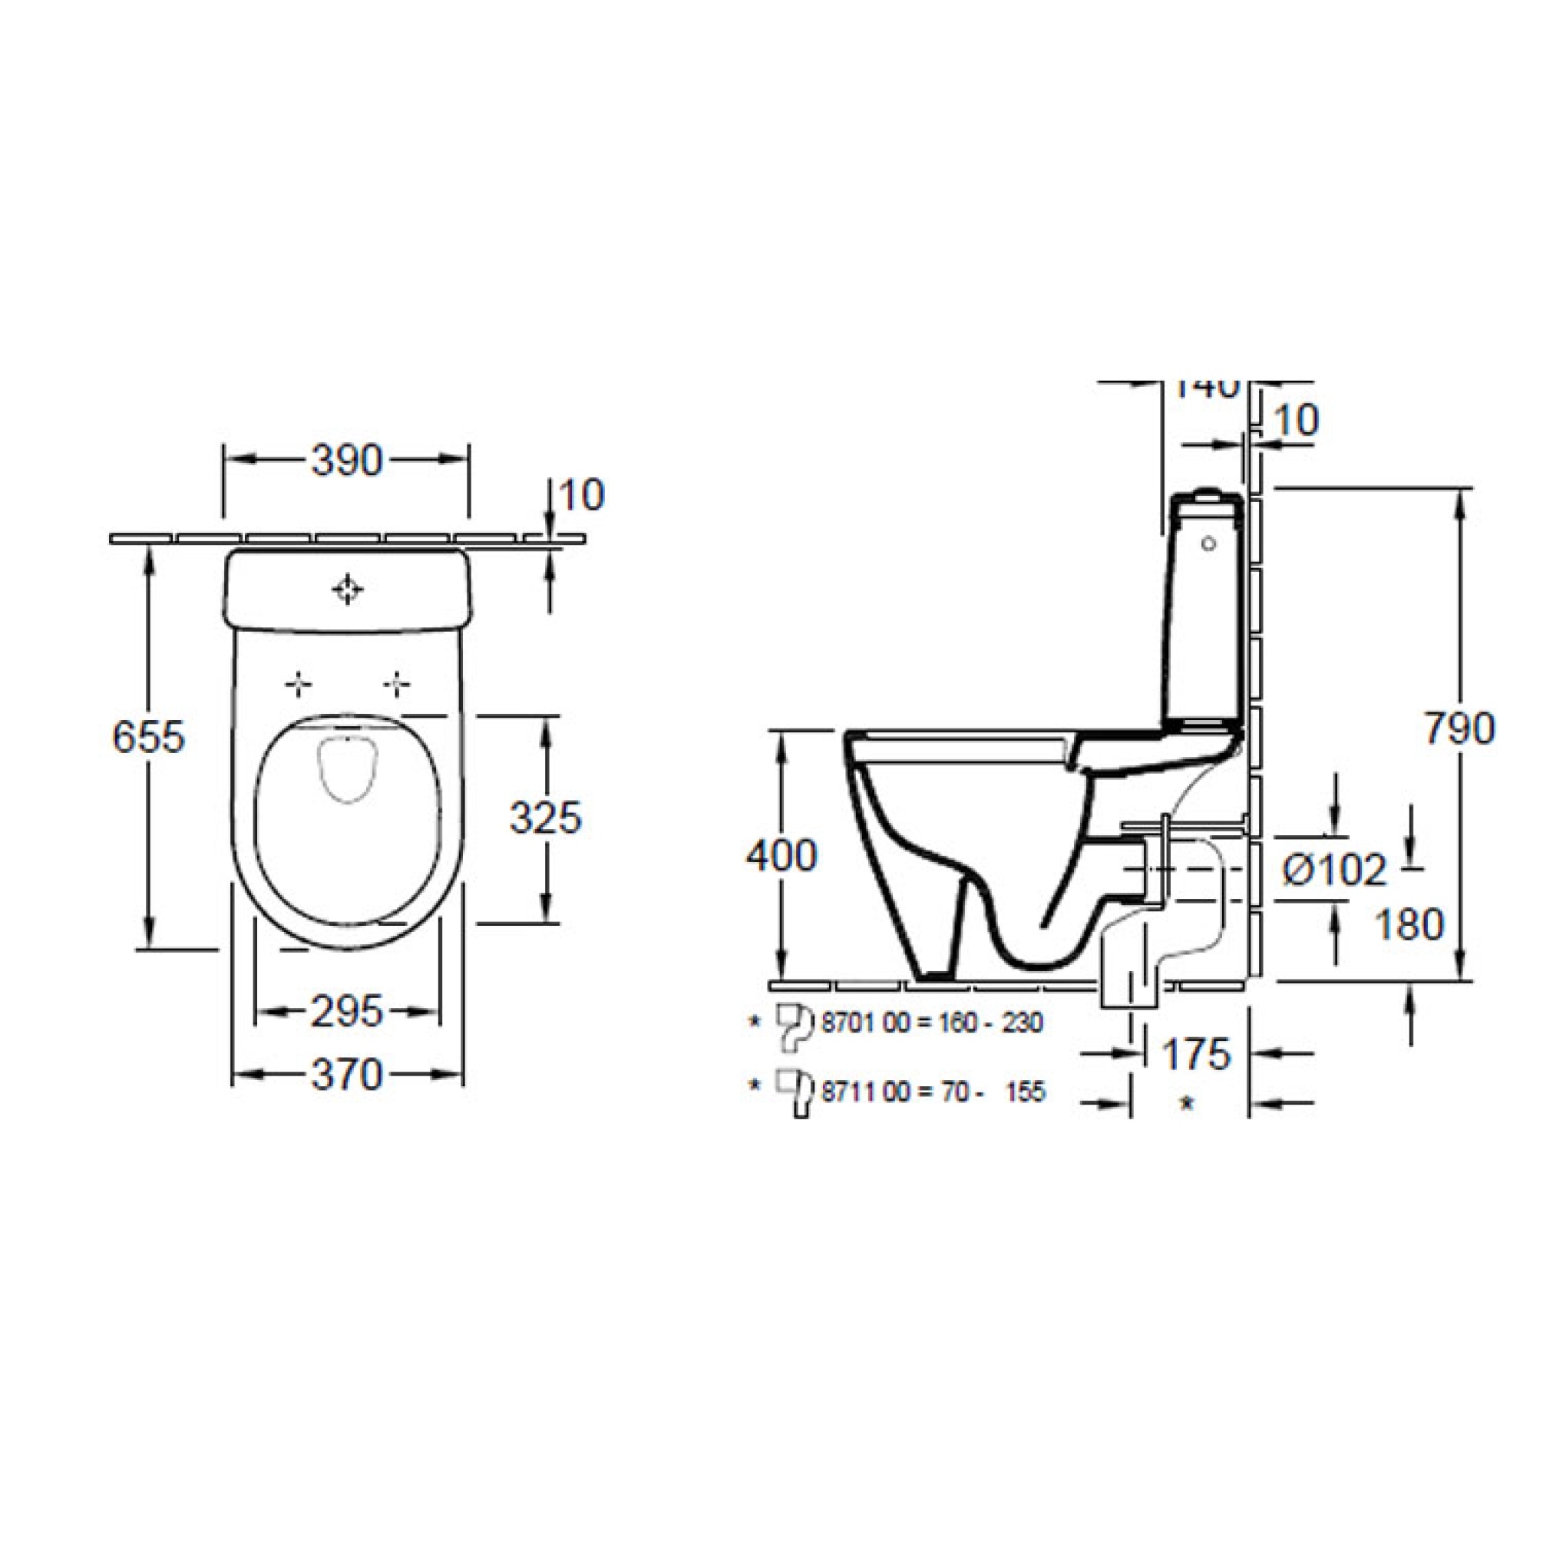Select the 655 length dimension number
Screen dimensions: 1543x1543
(149, 736)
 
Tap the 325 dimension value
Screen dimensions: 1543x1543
(547, 818)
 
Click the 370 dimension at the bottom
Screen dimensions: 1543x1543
(347, 1075)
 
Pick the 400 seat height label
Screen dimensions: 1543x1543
(781, 856)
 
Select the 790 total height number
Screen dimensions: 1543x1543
(1459, 729)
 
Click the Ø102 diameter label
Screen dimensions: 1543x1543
(1334, 870)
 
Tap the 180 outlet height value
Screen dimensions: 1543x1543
(1409, 925)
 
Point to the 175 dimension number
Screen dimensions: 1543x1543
(1195, 1055)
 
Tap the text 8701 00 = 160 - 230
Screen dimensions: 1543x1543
(932, 1023)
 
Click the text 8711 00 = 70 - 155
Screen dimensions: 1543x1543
(932, 1092)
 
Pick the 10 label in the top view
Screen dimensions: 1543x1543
(582, 496)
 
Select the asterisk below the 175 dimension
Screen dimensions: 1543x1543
(1187, 1104)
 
